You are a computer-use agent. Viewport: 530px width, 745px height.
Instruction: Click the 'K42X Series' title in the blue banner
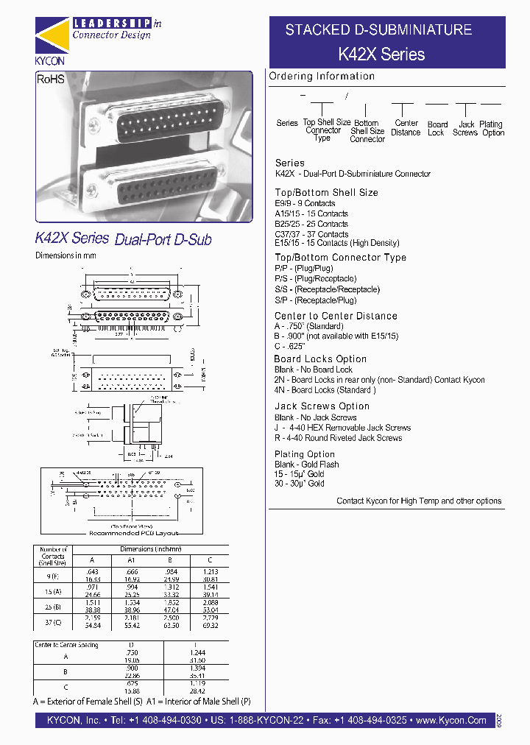tap(381, 54)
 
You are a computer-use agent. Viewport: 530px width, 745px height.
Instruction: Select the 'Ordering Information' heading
tap(322, 77)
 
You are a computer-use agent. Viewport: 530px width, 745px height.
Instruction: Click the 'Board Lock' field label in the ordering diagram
tap(437, 129)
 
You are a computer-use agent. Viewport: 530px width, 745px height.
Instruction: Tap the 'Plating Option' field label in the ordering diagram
tap(491, 129)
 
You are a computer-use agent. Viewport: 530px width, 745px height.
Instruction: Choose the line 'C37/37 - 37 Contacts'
tap(311, 234)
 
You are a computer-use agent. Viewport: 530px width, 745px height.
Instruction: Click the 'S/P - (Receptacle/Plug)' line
tap(315, 300)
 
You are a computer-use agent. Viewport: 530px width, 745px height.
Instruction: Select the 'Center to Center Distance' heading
tap(336, 316)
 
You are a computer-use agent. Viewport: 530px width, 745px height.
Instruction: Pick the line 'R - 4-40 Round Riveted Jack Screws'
tap(338, 438)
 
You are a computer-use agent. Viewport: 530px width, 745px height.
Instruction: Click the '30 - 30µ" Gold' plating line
tap(299, 484)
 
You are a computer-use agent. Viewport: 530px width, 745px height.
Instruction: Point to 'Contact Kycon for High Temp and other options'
tap(419, 501)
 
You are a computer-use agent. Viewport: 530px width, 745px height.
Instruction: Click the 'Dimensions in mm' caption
tap(66, 255)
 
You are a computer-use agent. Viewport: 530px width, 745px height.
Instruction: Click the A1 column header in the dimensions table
tap(132, 560)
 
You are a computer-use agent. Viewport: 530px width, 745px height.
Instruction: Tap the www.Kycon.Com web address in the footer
tap(451, 721)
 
